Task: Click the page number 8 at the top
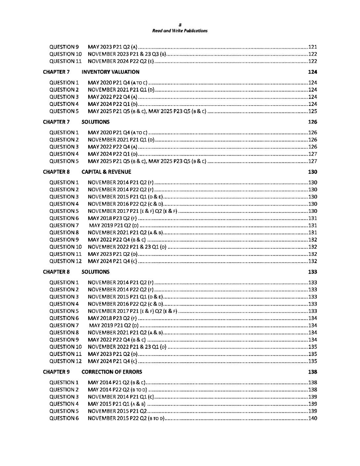180,25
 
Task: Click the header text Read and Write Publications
180,31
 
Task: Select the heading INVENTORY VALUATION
111,72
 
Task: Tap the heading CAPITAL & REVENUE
106,172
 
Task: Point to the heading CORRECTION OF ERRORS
112,372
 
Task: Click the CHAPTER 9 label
56,372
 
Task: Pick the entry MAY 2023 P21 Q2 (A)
113,47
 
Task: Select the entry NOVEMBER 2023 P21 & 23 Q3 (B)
127,54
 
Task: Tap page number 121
312,47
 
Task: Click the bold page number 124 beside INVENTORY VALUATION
312,72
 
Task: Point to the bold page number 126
312,122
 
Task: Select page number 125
312,111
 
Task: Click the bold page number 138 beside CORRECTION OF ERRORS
312,372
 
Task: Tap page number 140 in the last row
312,418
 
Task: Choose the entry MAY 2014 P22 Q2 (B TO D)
117,390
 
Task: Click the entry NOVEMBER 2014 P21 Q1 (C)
121,397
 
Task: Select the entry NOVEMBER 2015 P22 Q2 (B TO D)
126,418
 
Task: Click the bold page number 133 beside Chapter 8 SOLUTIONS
312,272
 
